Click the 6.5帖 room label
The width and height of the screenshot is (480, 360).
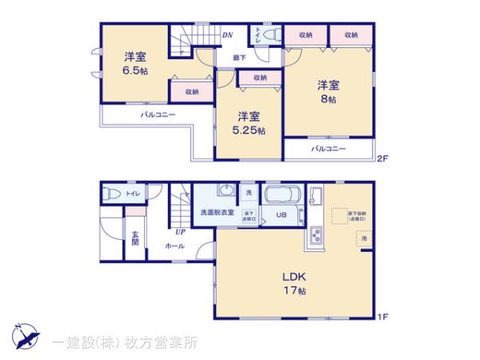134,70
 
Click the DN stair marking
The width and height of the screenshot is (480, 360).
227,35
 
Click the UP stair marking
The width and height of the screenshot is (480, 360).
181,233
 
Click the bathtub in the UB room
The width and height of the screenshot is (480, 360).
282,199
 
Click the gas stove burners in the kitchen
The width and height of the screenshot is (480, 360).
314,237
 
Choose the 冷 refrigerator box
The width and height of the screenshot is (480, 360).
362,239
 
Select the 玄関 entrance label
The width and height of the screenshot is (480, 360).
136,238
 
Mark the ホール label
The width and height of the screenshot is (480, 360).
175,246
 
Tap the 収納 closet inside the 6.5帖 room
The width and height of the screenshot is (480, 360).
192,92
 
